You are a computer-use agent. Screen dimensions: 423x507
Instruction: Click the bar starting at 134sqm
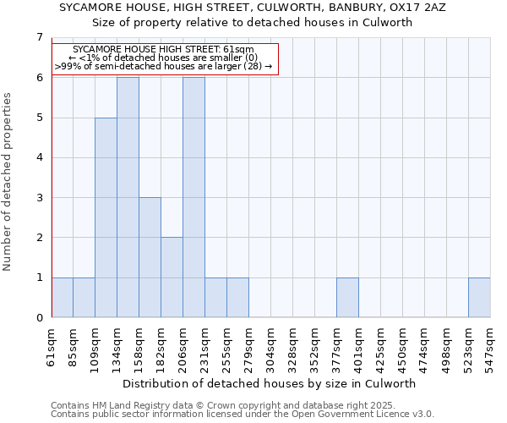(x=128, y=197)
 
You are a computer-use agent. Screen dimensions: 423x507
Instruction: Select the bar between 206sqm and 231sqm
(x=194, y=197)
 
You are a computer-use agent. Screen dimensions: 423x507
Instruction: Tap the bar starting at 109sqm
(x=106, y=217)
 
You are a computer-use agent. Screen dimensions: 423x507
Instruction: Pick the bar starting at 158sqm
(x=150, y=257)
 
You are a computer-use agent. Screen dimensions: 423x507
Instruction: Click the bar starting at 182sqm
(x=172, y=277)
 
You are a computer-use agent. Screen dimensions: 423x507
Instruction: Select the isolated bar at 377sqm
(x=347, y=298)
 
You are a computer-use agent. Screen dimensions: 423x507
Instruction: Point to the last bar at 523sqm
(x=479, y=298)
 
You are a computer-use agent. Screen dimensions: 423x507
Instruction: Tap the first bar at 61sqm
(x=62, y=298)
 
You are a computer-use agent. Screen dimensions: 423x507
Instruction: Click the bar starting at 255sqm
(x=237, y=298)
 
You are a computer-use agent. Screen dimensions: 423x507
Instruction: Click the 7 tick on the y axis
(x=38, y=37)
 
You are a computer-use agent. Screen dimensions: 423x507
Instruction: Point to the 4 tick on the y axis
(x=38, y=157)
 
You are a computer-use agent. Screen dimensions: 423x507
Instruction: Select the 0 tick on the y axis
(x=38, y=318)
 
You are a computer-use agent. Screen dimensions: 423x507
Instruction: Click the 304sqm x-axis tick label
(x=270, y=349)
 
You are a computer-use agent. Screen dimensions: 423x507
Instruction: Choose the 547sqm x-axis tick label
(x=490, y=349)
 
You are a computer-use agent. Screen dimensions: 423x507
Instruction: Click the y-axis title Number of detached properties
(x=8, y=182)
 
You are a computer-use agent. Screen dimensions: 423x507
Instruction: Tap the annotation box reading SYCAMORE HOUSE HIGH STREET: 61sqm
(x=165, y=58)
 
